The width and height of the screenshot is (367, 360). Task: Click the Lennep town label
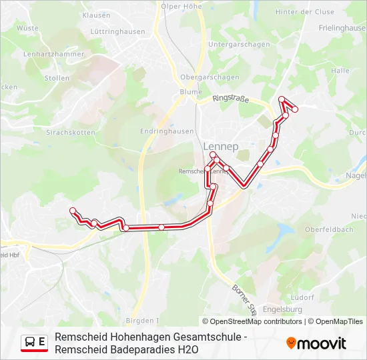coord(220,146)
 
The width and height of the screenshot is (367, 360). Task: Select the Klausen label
coord(96,15)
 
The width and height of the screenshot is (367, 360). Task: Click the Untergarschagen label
coord(239,45)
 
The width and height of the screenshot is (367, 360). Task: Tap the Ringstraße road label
coord(230,99)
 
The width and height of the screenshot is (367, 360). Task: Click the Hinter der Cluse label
coord(304,12)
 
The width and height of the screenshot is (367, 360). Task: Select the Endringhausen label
coord(167,131)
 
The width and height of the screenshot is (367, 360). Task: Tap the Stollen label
coord(57,78)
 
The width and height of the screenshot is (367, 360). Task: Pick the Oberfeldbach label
coord(329,229)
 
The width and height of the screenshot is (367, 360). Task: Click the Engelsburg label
coord(284,309)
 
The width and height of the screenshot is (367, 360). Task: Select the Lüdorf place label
coord(303,297)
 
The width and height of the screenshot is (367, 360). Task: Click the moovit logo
coord(316,343)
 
